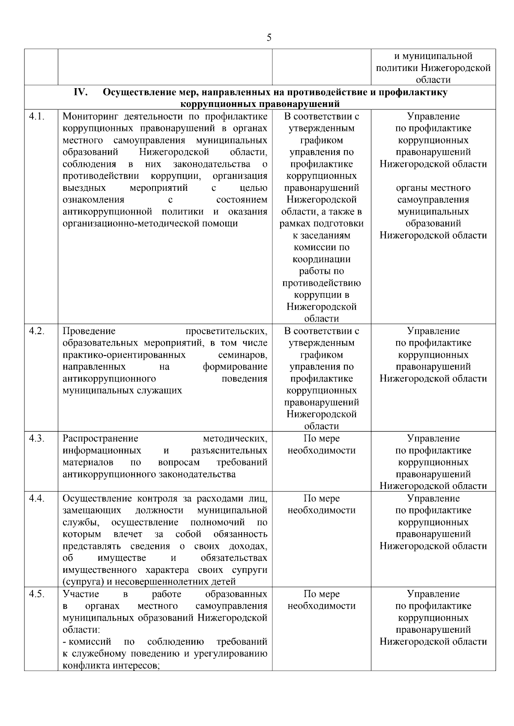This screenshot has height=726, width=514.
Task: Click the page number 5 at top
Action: [269, 38]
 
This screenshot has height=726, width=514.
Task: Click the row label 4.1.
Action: [37, 116]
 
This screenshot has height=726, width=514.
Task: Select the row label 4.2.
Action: [37, 331]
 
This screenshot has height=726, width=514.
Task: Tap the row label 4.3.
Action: [37, 439]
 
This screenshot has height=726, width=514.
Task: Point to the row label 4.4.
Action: [37, 498]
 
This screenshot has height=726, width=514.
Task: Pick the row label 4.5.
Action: [37, 594]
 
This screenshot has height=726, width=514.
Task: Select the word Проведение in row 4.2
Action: [89, 331]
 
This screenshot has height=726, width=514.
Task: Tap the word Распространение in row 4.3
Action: [100, 439]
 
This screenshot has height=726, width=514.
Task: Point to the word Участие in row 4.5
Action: [81, 594]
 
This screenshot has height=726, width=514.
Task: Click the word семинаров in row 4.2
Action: [242, 355]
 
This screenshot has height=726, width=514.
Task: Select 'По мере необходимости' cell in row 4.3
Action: [321, 444]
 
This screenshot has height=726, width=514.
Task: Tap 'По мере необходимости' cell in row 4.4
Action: [321, 504]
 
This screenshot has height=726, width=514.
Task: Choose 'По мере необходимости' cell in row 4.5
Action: [321, 600]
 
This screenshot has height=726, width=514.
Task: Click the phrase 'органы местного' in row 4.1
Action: [433, 188]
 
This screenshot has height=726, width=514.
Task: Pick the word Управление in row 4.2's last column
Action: [433, 331]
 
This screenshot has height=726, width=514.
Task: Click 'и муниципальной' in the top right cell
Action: [433, 56]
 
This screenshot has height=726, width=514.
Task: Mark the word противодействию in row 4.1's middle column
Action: [321, 283]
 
